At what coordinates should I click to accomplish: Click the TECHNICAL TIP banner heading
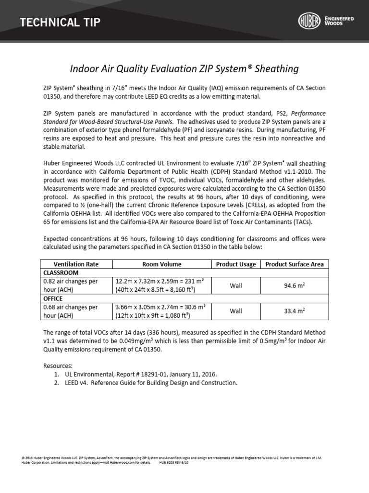[x=60, y=22]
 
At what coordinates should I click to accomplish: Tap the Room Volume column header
[x=162, y=264]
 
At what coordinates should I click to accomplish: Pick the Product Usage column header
[x=236, y=264]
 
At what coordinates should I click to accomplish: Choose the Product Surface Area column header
[x=295, y=264]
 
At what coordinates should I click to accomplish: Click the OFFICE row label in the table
[x=53, y=298]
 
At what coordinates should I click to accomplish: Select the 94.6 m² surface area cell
[x=295, y=285]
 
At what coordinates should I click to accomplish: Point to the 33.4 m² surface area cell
[x=295, y=311]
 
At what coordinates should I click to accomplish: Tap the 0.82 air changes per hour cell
[x=71, y=285]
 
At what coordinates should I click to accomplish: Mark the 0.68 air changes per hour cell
[x=71, y=311]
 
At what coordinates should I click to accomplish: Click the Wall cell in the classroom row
[x=236, y=285]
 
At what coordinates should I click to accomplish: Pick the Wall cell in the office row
[x=236, y=311]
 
